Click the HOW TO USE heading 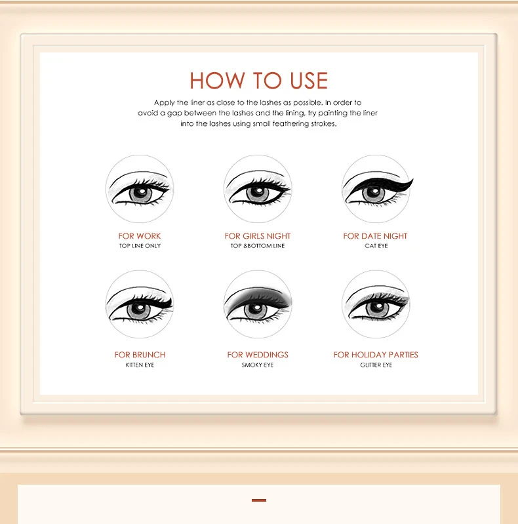tap(258, 81)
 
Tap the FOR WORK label tap(140, 236)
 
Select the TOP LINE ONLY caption tap(140, 246)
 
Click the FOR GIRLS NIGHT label tap(258, 236)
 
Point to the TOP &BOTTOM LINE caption tap(258, 246)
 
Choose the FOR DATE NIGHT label tap(375, 236)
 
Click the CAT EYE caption tap(376, 246)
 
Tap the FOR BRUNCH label tap(140, 355)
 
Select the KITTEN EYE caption tap(140, 365)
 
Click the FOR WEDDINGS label tap(258, 355)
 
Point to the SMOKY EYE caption tap(258, 365)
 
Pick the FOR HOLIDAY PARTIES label tap(375, 355)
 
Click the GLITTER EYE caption tap(376, 365)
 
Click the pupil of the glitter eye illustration tap(374, 310)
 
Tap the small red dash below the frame tap(259, 500)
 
